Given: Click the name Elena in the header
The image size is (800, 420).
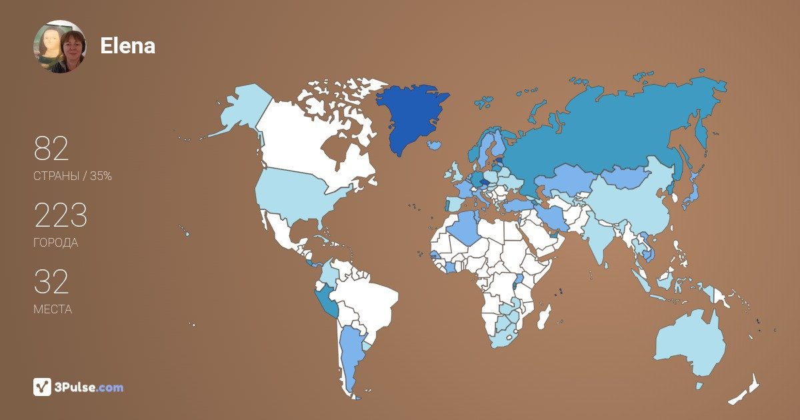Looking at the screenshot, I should (127, 45).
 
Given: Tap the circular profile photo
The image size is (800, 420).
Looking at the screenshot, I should (59, 46).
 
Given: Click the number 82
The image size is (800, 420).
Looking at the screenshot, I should (51, 149).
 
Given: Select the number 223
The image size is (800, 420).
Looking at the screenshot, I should (61, 215).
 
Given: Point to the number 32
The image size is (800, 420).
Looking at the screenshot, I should (51, 282).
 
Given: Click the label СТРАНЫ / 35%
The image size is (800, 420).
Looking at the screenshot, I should (73, 177).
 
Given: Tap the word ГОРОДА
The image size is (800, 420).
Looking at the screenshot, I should (55, 243).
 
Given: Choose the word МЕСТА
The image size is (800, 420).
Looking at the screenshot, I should (53, 309).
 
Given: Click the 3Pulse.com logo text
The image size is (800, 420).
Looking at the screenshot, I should (89, 387).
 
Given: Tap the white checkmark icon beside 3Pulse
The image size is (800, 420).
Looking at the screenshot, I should (43, 387).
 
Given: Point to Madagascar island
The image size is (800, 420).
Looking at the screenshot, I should (545, 316).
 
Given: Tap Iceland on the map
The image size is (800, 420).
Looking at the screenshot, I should (435, 144).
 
